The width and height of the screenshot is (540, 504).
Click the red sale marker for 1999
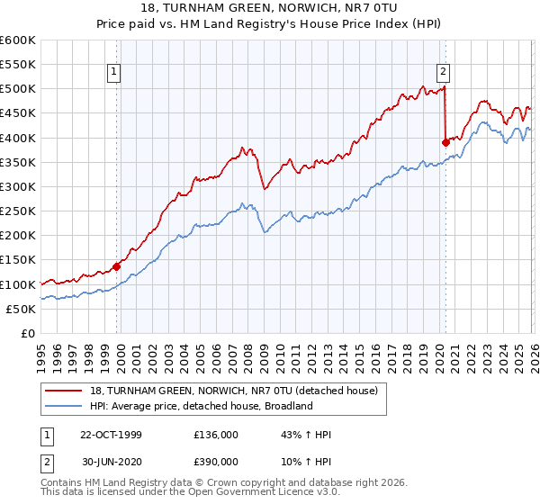[x=116, y=266]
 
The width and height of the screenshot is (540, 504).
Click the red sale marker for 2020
[x=445, y=142]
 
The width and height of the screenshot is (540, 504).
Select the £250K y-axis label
[x=18, y=211]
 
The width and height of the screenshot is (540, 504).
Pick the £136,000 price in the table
[x=216, y=435]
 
